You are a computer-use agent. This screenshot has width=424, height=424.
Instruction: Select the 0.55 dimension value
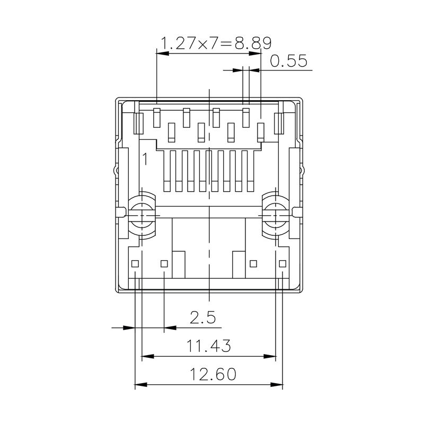click(289, 61)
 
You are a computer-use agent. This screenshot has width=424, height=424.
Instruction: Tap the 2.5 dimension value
click(203, 317)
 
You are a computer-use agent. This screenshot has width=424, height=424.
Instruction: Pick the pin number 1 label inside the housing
click(145, 158)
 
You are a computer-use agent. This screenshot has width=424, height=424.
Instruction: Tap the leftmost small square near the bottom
click(136, 263)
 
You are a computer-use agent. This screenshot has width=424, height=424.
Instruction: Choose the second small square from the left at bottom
click(164, 263)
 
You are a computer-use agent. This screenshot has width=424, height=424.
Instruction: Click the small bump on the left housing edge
click(114, 171)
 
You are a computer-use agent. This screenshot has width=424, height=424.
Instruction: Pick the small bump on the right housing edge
click(304, 171)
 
